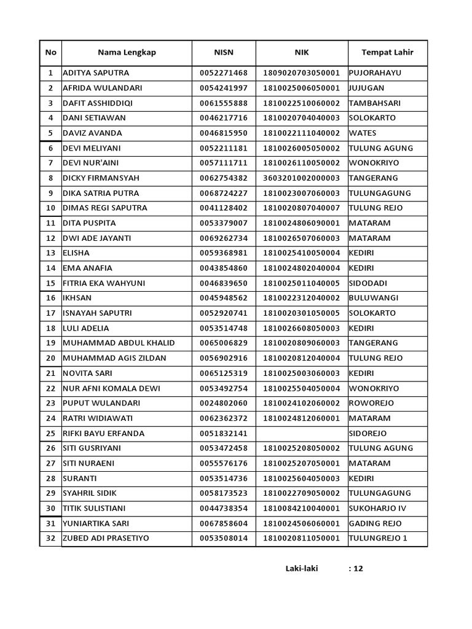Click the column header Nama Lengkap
click(127, 52)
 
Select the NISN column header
click(224, 52)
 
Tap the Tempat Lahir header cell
click(387, 52)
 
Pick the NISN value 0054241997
click(224, 88)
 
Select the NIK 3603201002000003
click(301, 178)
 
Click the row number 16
click(50, 298)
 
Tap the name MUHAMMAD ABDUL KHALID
click(119, 343)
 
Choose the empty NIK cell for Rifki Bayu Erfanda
click(301, 433)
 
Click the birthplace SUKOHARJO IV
click(377, 508)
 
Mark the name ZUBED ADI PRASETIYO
click(106, 538)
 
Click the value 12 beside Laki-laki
click(358, 568)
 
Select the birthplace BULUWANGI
click(373, 298)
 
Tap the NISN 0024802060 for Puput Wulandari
click(224, 403)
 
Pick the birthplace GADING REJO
click(375, 523)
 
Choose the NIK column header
click(301, 52)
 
